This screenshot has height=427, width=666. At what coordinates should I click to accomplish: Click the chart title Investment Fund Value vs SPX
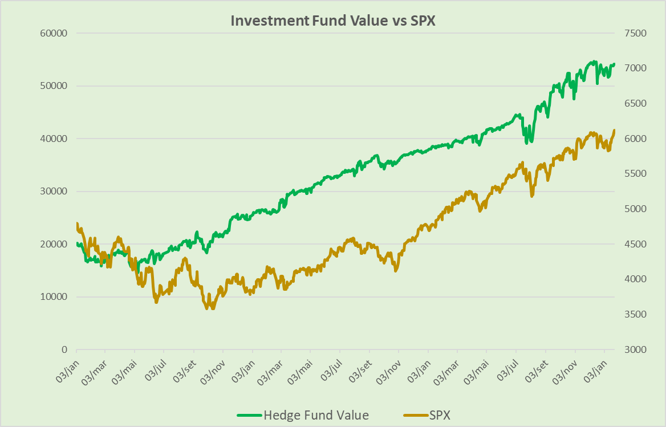(x=332, y=20)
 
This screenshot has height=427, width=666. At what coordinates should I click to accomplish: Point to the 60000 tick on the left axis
(x=54, y=33)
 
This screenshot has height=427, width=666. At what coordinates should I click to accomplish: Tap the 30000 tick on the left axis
(x=54, y=192)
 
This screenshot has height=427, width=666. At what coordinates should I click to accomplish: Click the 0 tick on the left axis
(x=64, y=349)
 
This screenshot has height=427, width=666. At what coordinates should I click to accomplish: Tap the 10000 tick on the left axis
(x=54, y=297)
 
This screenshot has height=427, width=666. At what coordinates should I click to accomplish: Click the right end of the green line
(x=614, y=64)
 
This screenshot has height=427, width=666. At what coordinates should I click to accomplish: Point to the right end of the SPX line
(x=614, y=131)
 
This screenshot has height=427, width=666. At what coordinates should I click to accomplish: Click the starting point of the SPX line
(x=77, y=223)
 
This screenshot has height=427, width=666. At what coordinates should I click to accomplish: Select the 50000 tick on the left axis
(x=54, y=86)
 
